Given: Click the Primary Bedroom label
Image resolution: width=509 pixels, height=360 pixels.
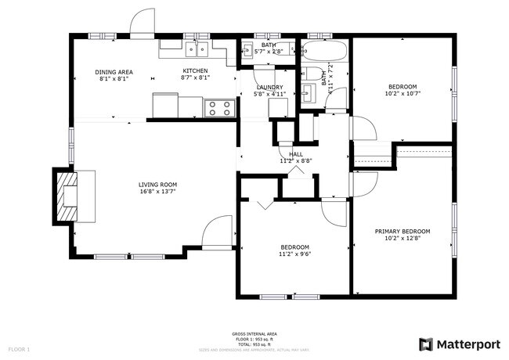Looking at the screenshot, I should click(402, 231).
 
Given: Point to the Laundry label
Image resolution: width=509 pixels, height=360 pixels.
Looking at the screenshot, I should click(269, 87).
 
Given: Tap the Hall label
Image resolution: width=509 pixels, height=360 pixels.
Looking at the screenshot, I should click(296, 154).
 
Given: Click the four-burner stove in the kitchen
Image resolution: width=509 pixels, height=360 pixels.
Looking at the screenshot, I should click(218, 108).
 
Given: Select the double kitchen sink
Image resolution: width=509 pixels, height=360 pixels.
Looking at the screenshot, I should click(195, 50).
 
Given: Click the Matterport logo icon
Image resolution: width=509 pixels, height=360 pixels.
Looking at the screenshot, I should click(426, 344).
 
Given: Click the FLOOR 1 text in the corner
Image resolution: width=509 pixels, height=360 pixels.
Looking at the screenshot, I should click(20, 348).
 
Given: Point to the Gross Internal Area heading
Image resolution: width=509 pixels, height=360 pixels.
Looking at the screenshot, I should click(254, 333).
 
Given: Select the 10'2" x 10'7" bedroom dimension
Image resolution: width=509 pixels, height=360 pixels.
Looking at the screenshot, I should click(402, 93).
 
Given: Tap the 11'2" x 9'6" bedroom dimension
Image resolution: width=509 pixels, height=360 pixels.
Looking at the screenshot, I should click(295, 254).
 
